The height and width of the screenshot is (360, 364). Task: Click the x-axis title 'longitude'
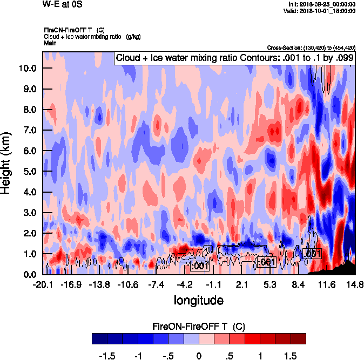click(x=199, y=299)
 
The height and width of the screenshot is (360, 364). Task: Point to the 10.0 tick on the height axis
click(x=27, y=68)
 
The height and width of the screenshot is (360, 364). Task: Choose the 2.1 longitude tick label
click(x=242, y=284)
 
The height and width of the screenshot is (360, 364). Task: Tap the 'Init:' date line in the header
click(x=322, y=4)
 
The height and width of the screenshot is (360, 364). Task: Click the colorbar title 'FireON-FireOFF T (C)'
click(x=199, y=327)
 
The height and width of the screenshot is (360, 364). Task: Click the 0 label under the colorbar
click(x=199, y=356)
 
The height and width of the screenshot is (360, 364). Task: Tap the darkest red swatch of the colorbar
click(x=298, y=338)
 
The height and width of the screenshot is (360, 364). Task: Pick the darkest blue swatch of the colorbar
click(x=99, y=338)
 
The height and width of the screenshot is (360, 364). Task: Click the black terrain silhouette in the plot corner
click(x=346, y=268)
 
